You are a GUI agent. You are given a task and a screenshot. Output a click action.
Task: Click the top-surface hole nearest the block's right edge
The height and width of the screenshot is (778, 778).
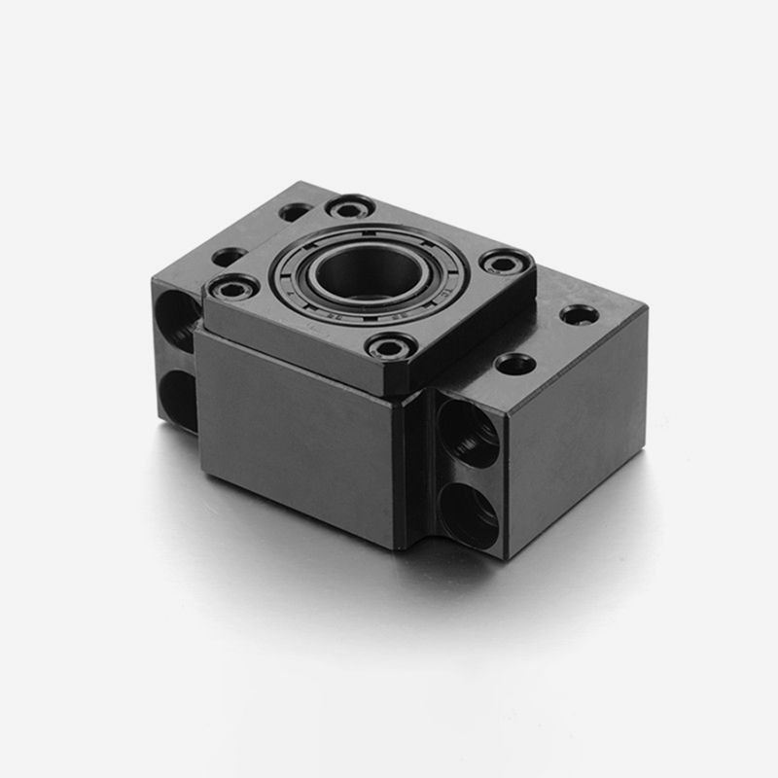(580, 315)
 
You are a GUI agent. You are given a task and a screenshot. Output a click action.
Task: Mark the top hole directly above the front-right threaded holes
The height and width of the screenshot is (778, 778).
(514, 365)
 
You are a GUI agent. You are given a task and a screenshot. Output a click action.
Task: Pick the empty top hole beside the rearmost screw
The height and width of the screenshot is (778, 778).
(295, 211)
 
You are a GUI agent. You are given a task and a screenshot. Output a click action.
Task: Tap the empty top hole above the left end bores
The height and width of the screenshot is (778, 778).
(229, 257)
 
